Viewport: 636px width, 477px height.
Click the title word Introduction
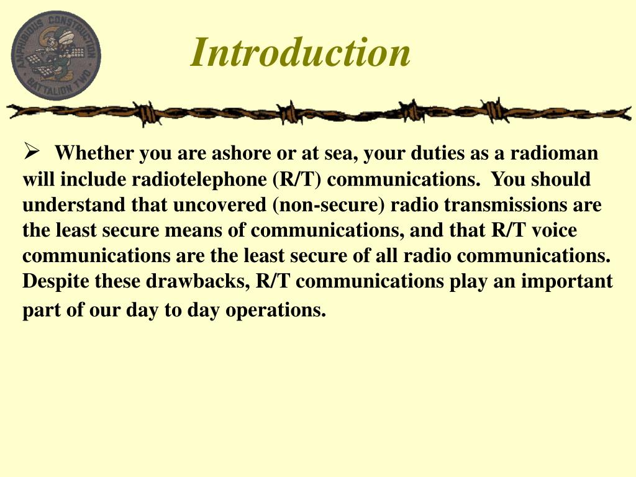(301, 52)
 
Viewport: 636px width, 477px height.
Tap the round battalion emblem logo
(56, 55)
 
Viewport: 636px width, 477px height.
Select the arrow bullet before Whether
(32, 151)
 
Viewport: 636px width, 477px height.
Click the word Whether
(94, 153)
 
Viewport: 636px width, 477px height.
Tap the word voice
(553, 230)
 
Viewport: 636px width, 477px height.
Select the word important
(567, 281)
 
